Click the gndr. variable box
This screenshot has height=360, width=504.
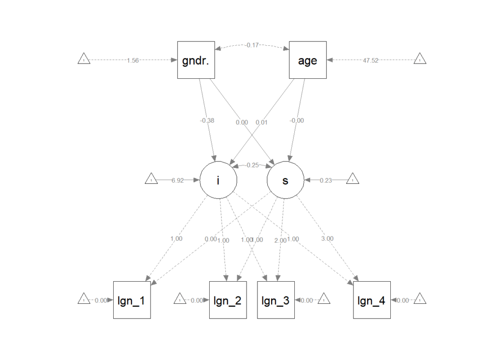196,60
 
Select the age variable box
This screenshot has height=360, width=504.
308,60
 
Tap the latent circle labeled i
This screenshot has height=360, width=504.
219,180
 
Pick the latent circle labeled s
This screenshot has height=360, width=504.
285,180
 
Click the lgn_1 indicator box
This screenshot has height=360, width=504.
132,300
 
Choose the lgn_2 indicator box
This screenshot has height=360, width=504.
228,300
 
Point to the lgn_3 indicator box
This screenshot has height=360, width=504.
276,300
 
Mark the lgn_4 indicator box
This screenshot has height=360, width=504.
372,300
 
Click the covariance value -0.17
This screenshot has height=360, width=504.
252,45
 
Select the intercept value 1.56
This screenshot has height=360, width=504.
133,60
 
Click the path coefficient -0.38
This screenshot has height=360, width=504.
207,121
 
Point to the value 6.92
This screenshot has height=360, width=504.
177,181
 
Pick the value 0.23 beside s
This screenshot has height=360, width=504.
325,181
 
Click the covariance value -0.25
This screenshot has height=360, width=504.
252,165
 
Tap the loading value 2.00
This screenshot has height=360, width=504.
280,240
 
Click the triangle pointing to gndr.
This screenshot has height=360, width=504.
84,60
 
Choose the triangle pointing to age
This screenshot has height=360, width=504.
419,60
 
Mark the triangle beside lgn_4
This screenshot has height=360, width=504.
419,299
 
